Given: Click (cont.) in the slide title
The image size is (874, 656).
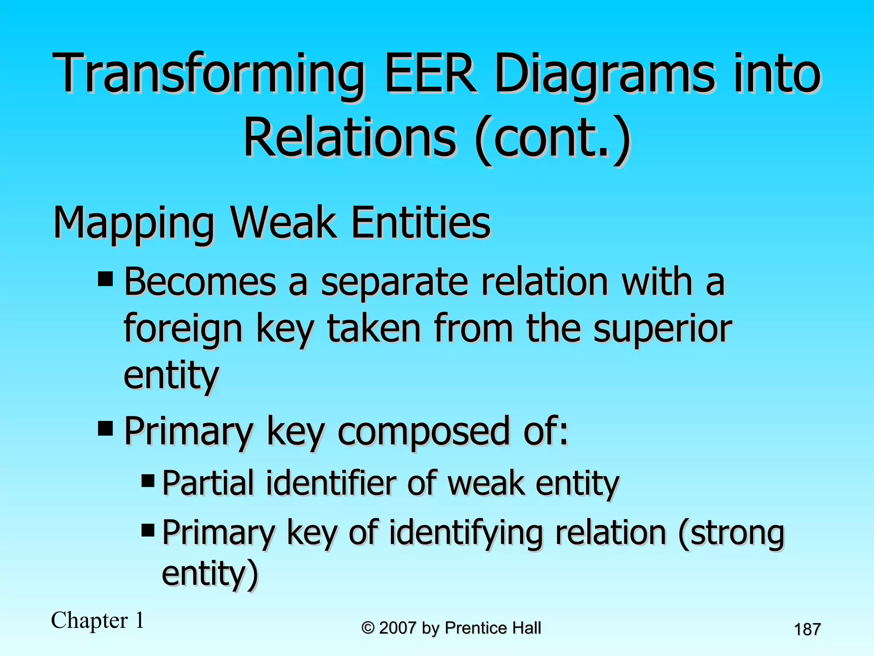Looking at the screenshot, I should pyautogui.click(x=552, y=139).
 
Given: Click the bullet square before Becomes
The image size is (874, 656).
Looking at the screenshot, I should pyautogui.click(x=105, y=279).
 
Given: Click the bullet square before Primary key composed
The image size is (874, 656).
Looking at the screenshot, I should pyautogui.click(x=105, y=428).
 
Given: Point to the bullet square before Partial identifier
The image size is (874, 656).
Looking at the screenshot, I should pyautogui.click(x=148, y=481).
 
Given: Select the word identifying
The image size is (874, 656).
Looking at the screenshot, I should pyautogui.click(x=466, y=533).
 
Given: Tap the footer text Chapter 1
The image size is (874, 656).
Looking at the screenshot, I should pyautogui.click(x=98, y=620).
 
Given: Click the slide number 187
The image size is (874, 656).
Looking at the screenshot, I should pyautogui.click(x=807, y=630).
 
